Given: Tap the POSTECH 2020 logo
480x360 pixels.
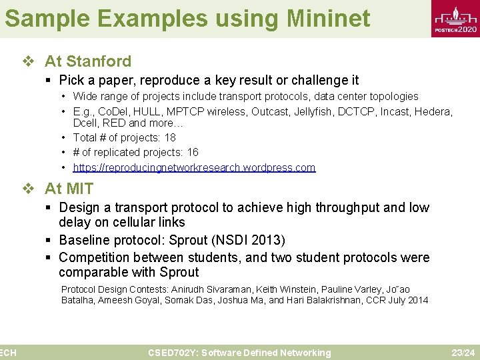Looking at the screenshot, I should pos(455,21).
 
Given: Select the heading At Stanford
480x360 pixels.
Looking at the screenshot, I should pos(87,61).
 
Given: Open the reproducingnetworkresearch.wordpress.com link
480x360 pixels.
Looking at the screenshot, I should pos(194,167).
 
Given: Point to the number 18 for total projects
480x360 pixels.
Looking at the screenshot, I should pos(170,137).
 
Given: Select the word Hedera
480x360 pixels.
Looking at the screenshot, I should pos(433,111).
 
